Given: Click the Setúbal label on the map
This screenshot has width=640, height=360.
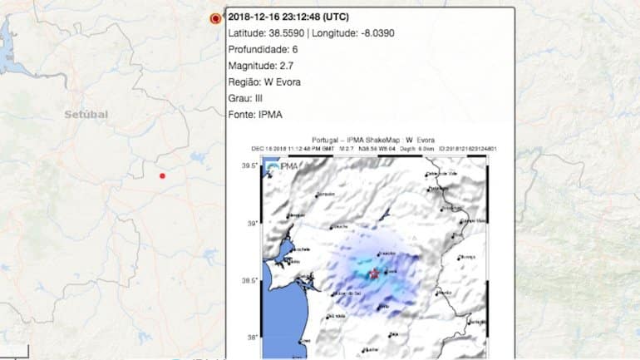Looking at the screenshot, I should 86,114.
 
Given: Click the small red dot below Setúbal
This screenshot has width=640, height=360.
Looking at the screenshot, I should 162,175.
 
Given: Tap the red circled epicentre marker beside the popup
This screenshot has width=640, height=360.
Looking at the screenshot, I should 216,17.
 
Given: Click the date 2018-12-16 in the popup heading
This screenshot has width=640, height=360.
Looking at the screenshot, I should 256,16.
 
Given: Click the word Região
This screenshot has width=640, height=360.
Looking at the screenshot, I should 244,81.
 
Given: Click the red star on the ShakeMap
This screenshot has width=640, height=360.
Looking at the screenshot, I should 373,274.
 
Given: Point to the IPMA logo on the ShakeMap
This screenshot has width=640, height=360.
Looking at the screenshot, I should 283,167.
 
